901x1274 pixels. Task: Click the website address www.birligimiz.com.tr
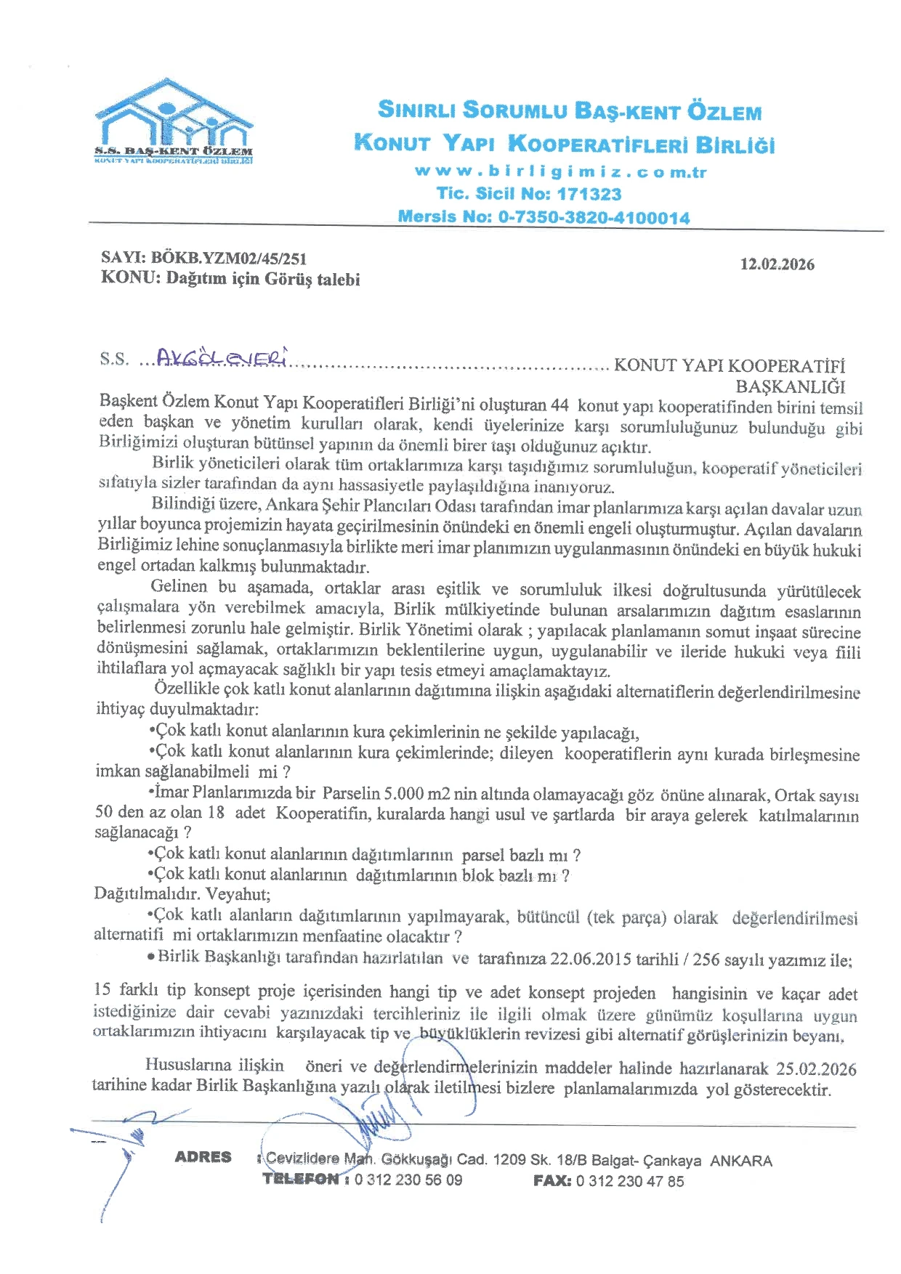(x=560, y=171)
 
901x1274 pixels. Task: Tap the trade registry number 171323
(x=589, y=194)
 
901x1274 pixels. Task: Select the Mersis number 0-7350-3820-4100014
(x=594, y=216)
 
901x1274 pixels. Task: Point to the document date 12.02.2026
(x=777, y=264)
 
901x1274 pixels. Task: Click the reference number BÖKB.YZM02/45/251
(x=228, y=259)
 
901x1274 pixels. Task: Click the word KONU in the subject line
(x=129, y=278)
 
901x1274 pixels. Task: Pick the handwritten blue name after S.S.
(x=222, y=357)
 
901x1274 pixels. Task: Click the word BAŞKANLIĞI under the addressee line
(x=791, y=386)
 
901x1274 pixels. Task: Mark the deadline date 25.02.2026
(x=816, y=1068)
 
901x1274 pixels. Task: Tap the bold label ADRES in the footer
(x=203, y=1157)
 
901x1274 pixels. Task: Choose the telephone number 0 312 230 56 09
(x=408, y=1180)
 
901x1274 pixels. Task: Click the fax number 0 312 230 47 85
(x=630, y=1181)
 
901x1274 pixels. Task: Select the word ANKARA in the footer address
(x=740, y=1161)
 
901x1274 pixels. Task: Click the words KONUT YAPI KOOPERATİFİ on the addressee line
(x=730, y=365)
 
